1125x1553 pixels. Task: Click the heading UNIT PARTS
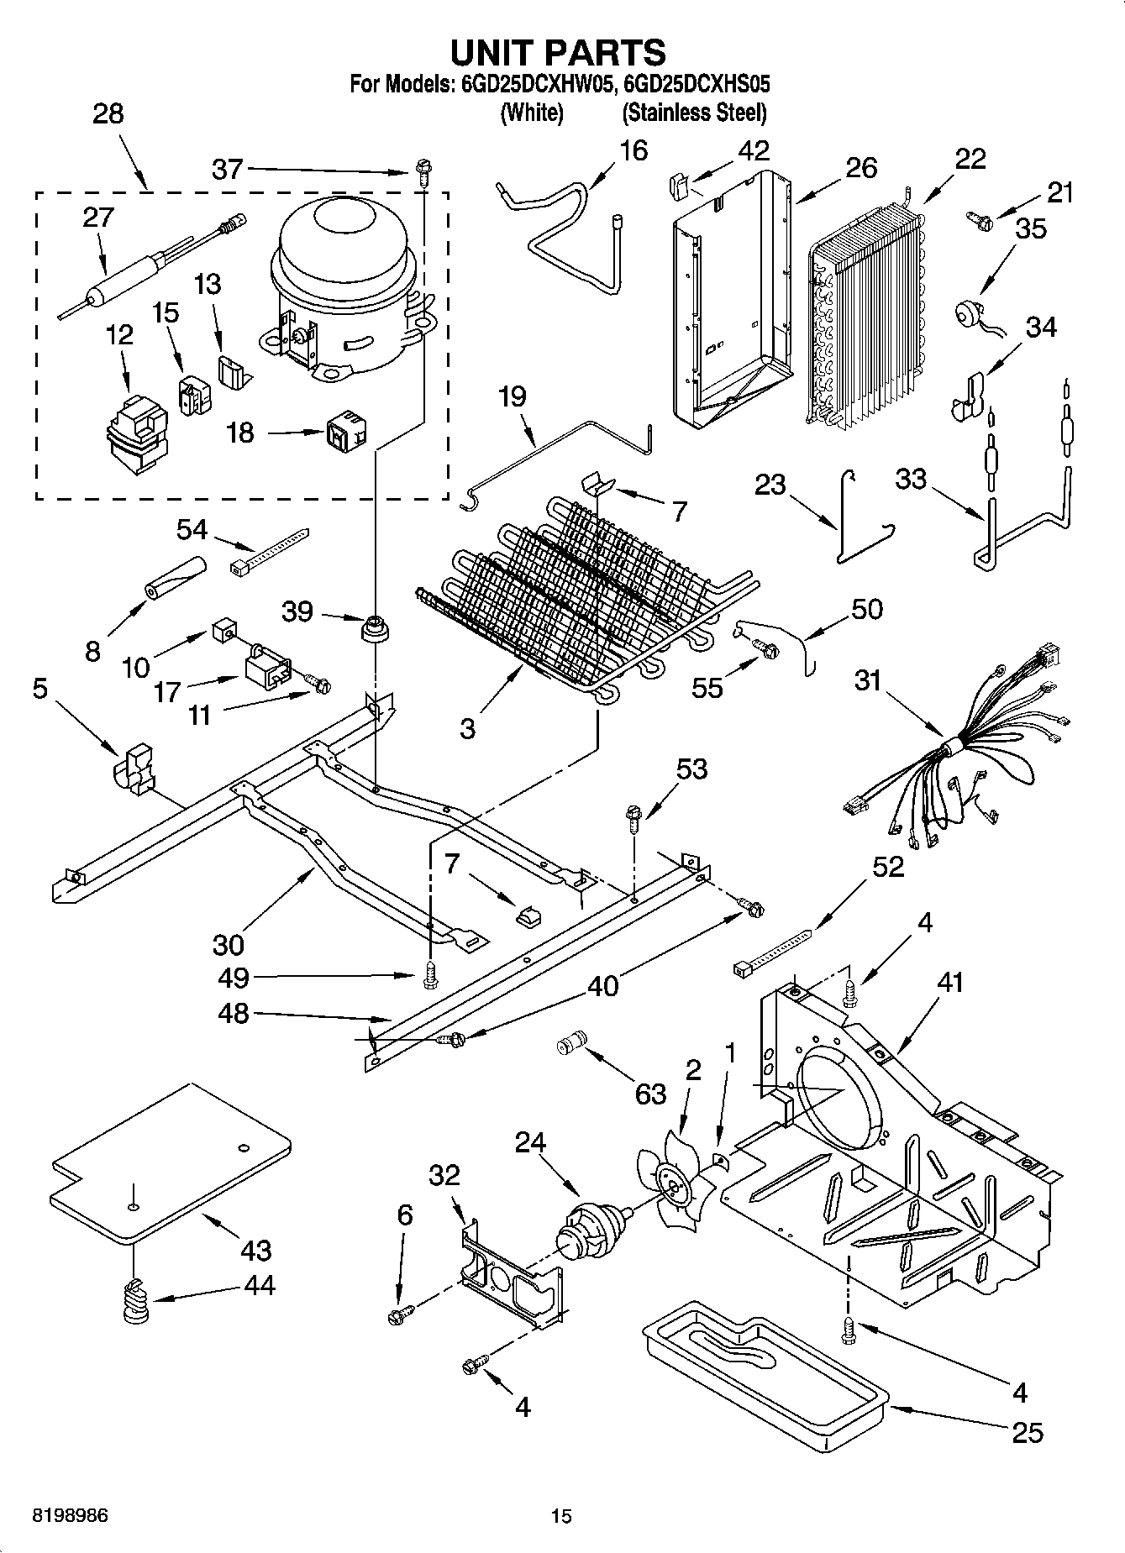coord(558,52)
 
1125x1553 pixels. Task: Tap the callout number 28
coord(108,114)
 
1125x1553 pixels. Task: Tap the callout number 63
coord(650,1094)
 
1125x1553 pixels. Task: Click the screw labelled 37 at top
coord(423,174)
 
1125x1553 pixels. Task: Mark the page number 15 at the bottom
coord(561,1516)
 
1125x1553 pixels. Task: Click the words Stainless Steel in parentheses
coord(694,113)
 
